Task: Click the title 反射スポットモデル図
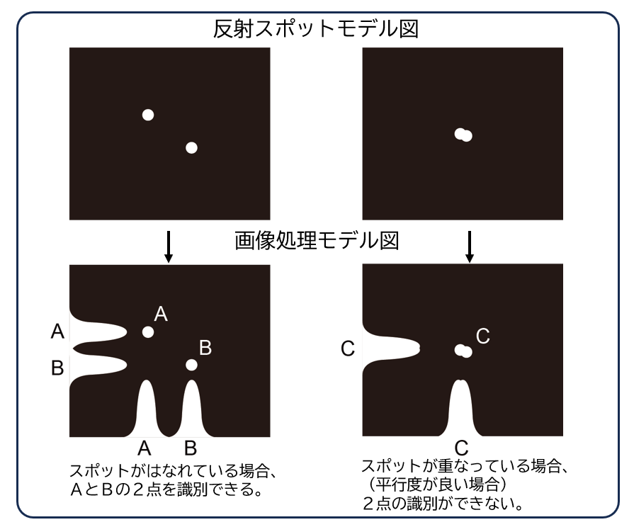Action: click(x=316, y=29)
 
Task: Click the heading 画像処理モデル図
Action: click(x=317, y=241)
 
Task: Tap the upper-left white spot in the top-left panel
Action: click(x=148, y=115)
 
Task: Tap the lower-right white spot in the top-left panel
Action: click(x=192, y=147)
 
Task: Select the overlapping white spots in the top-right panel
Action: click(x=463, y=135)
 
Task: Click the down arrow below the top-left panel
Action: click(x=169, y=246)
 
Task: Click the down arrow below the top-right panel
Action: click(x=470, y=246)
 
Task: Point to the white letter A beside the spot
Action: click(x=161, y=314)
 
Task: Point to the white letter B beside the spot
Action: click(x=205, y=348)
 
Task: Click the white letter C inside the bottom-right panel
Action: click(x=483, y=336)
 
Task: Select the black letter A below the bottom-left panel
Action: click(x=145, y=448)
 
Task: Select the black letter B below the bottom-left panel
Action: click(x=191, y=448)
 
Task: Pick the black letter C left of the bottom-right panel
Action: click(x=348, y=348)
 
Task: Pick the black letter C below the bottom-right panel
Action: click(x=461, y=448)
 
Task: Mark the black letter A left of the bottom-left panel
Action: click(x=57, y=331)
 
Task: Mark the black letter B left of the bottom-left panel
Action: click(x=57, y=368)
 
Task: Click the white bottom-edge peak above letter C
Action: click(x=461, y=409)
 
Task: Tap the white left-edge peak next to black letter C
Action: click(x=392, y=348)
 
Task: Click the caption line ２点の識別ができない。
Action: click(x=443, y=504)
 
